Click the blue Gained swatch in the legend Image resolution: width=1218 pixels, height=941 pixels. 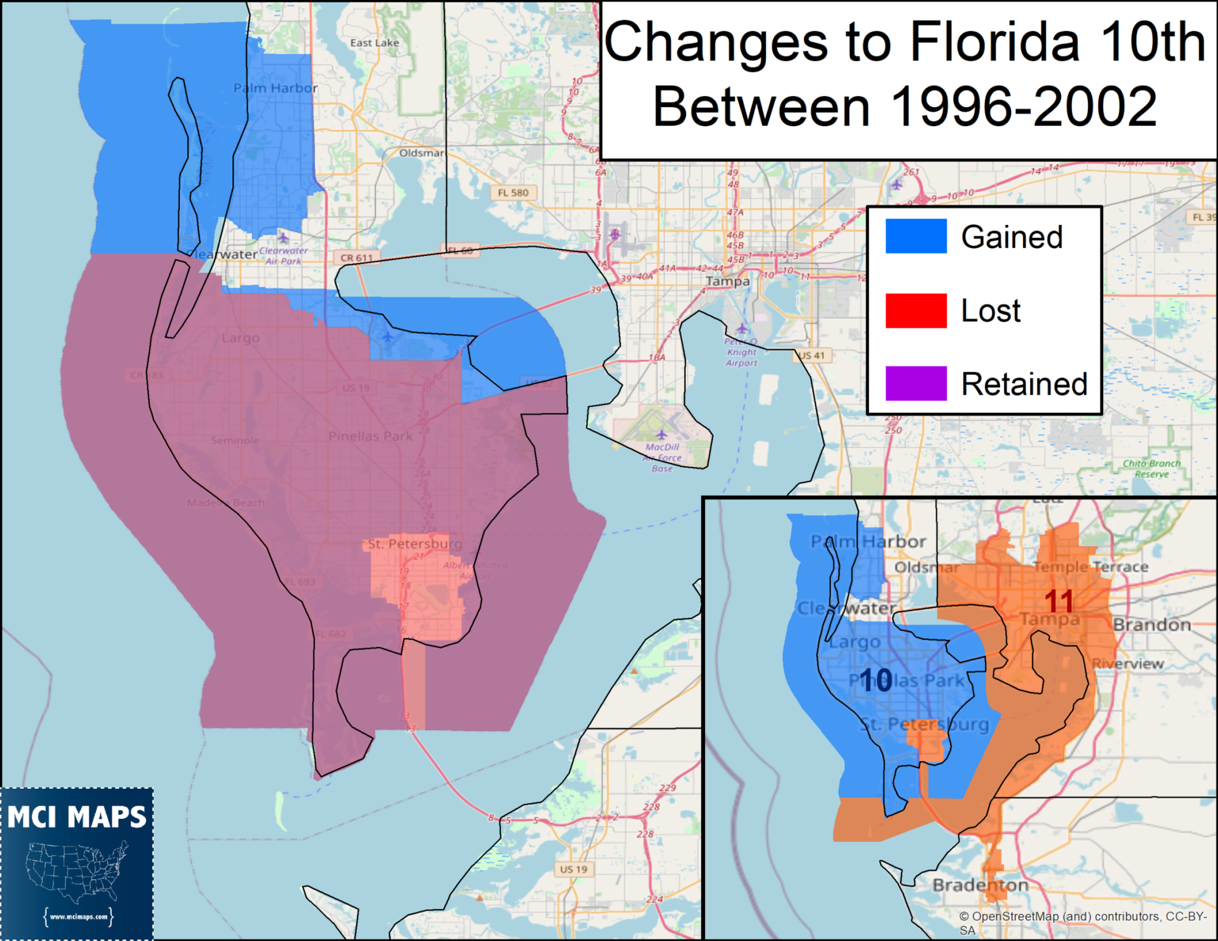coord(916,236)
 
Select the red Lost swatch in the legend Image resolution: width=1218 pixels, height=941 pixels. coord(916,310)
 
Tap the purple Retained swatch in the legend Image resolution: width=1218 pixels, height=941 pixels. coord(916,384)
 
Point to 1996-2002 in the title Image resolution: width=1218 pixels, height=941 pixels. coord(1024,106)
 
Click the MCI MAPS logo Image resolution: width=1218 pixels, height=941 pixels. coord(77,863)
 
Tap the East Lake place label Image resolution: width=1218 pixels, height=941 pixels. coord(374,43)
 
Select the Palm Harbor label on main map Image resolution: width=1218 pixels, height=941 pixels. coord(275,88)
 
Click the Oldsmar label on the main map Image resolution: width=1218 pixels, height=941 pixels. coord(421,153)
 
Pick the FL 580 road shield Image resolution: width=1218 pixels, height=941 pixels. coord(513,193)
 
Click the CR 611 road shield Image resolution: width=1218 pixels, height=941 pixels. coord(357,258)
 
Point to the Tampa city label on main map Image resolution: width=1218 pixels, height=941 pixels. coord(727,281)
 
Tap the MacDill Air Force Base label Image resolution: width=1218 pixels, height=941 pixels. coord(662,457)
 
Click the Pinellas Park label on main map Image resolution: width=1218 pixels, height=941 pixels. coord(370,436)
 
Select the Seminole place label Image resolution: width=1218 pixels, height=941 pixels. coord(235,440)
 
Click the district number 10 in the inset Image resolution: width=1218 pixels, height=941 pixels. coord(876,680)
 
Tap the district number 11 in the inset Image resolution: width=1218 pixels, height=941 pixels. coord(1059,601)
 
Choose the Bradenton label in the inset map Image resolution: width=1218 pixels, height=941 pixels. coord(980,885)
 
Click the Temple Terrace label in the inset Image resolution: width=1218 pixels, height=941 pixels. coord(1091,567)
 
